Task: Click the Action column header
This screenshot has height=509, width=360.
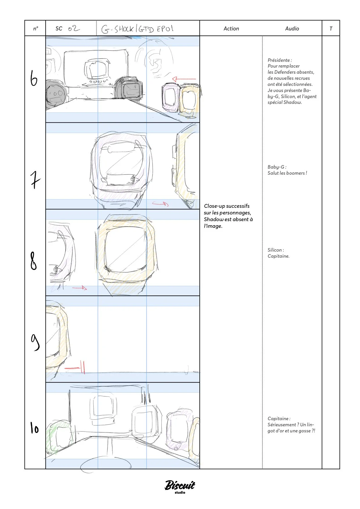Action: point(231,28)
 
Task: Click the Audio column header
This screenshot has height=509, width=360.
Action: point(292,28)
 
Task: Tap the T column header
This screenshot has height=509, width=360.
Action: point(331,28)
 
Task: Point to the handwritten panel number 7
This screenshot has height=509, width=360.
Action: point(35,180)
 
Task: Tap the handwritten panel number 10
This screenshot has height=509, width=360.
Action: point(34,428)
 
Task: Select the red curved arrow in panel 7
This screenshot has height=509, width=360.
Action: point(161,204)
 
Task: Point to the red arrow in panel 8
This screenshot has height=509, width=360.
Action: point(80,288)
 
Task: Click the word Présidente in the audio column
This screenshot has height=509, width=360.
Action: point(279,60)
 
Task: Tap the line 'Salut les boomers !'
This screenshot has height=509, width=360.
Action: point(287,173)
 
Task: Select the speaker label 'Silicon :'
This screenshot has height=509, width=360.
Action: point(276,250)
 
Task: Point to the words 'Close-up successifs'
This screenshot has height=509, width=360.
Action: point(226,206)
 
